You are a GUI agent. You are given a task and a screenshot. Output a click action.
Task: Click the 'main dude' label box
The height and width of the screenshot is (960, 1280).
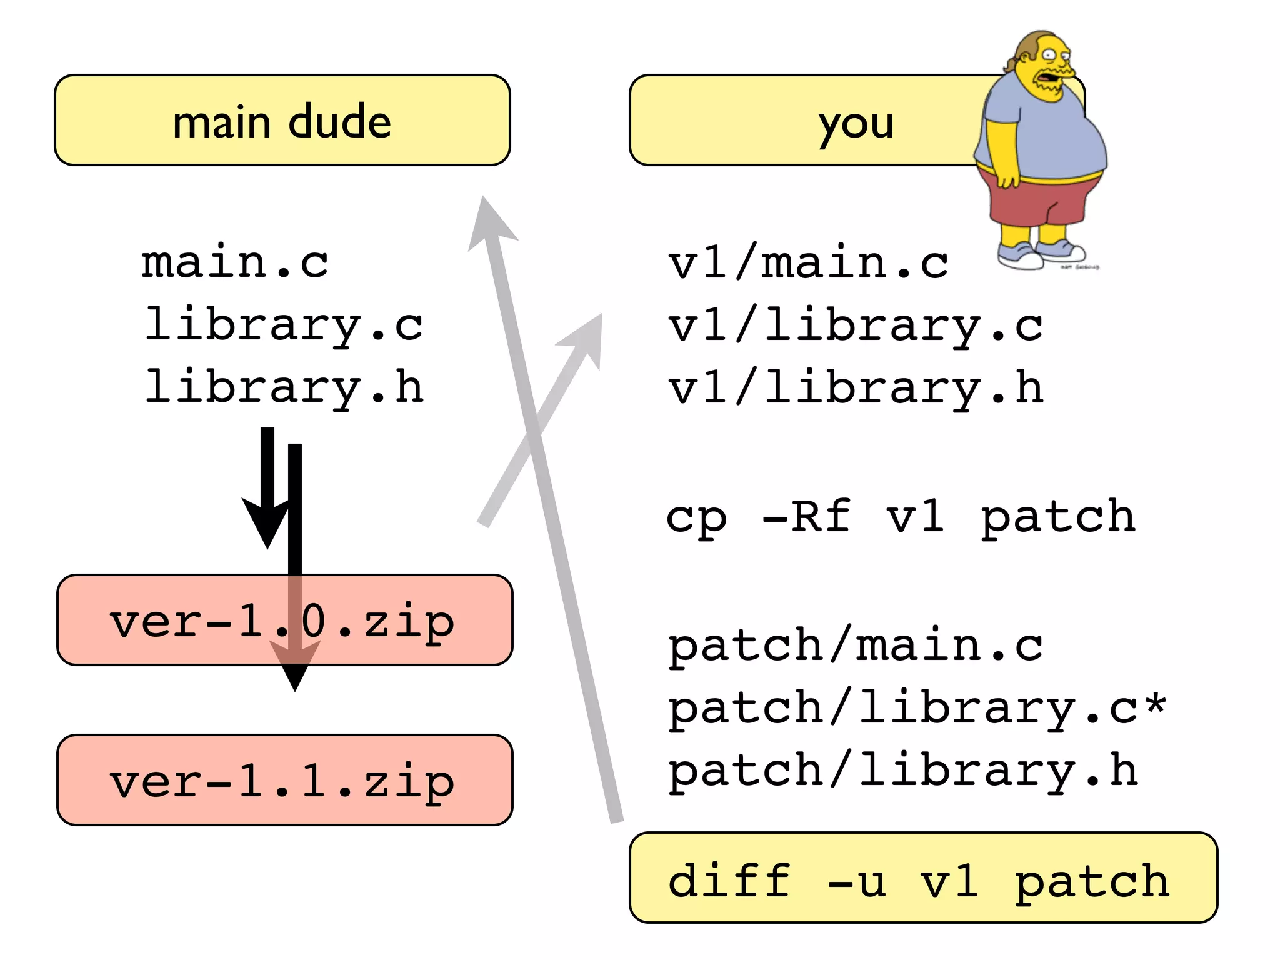(x=282, y=120)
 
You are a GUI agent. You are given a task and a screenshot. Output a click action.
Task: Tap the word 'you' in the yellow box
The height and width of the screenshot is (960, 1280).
(x=856, y=124)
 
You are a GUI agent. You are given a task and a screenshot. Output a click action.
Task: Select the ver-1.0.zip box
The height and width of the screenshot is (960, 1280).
(x=284, y=620)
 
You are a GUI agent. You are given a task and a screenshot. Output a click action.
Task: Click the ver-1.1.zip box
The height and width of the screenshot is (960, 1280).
(x=284, y=780)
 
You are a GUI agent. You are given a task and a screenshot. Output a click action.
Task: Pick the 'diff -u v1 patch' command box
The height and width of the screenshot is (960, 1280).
(x=922, y=877)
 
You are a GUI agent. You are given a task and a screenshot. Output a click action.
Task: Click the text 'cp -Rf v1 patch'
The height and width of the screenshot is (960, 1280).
(x=900, y=517)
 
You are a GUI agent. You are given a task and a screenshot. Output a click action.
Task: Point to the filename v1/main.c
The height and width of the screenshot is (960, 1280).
(x=807, y=262)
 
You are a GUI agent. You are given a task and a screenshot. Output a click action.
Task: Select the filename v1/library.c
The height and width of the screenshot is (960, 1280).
(x=855, y=326)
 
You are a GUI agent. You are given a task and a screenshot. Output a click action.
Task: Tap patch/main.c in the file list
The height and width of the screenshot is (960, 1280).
(x=855, y=645)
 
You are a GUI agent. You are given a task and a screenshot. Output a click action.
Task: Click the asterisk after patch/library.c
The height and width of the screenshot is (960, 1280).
(x=1155, y=704)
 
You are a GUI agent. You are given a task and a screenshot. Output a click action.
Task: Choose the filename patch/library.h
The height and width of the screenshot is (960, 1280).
(x=902, y=771)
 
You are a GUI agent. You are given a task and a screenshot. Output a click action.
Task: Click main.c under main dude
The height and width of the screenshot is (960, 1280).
(x=235, y=262)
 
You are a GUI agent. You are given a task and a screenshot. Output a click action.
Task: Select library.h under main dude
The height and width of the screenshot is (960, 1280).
(x=284, y=387)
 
